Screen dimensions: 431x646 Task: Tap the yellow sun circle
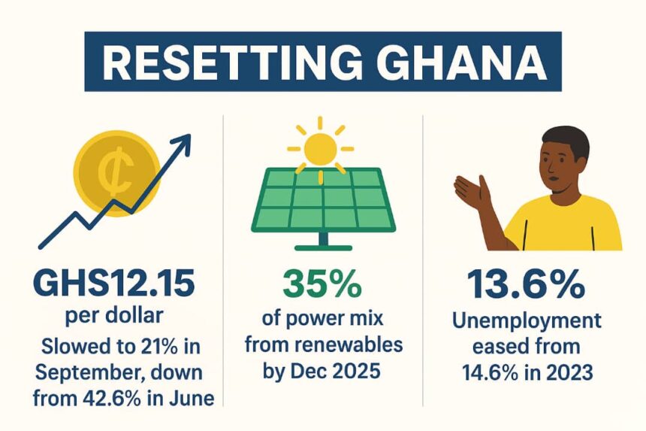(320, 147)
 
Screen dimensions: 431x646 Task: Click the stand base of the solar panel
(324, 247)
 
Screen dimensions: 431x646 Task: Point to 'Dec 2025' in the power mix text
(346, 370)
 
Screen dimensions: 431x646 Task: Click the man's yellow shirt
(571, 226)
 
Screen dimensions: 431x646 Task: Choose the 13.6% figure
(525, 284)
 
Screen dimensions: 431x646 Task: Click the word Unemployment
(527, 321)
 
